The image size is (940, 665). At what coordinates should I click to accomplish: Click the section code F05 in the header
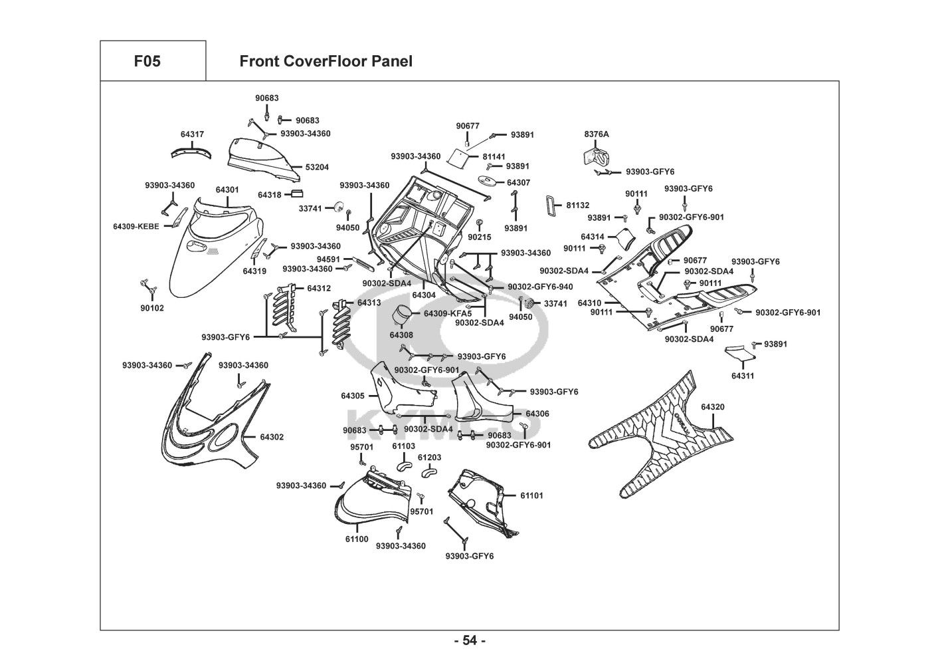click(147, 62)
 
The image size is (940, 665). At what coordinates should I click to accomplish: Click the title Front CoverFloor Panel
click(326, 62)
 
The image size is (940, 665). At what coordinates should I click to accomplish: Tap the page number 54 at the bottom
click(470, 640)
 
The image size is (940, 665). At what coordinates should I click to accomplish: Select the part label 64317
click(192, 134)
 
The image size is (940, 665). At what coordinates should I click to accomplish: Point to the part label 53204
click(317, 168)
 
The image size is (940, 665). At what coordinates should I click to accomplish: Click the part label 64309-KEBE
click(136, 227)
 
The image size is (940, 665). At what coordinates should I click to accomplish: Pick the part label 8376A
click(597, 134)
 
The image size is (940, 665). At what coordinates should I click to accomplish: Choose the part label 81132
click(577, 205)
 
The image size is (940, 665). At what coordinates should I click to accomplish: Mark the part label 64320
click(713, 407)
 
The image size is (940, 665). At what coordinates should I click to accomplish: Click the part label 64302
click(272, 437)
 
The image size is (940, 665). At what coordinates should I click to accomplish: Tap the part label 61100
click(356, 539)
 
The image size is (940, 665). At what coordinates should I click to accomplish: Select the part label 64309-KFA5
click(448, 313)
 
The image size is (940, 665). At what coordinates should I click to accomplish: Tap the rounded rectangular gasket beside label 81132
click(554, 206)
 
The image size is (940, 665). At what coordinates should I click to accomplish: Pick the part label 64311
click(743, 376)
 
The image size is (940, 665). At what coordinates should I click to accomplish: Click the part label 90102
click(151, 309)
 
